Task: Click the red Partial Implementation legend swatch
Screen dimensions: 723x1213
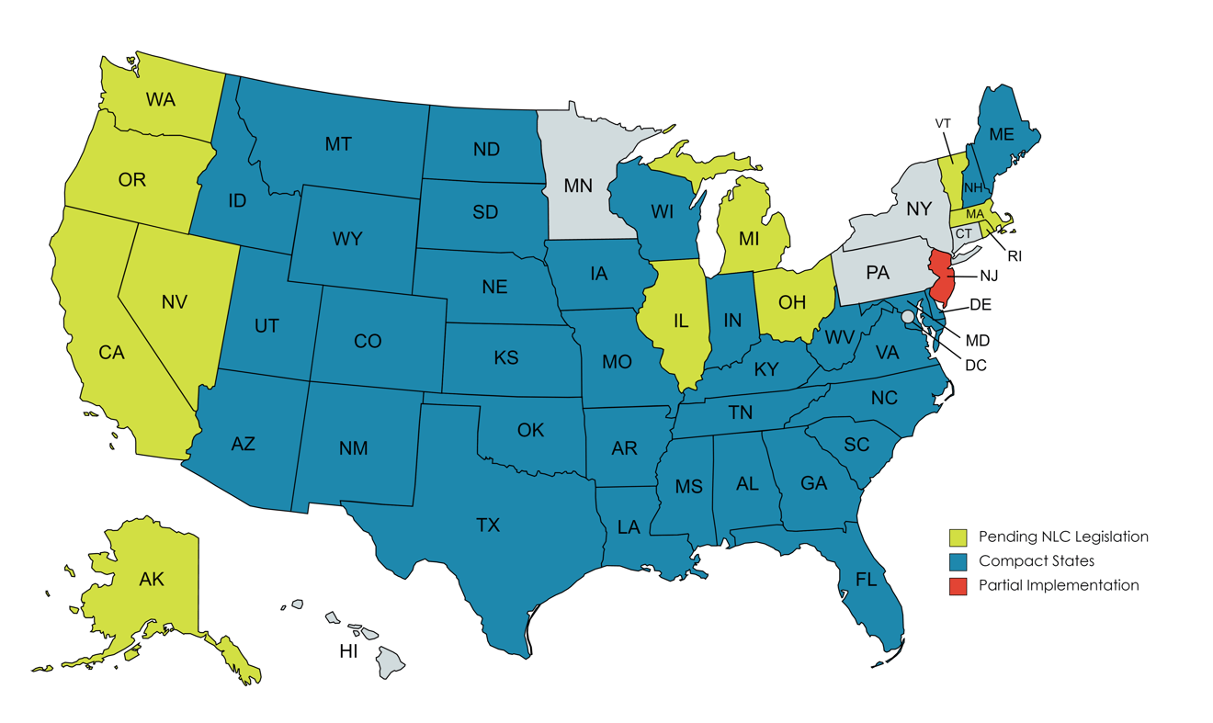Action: pyautogui.click(x=958, y=586)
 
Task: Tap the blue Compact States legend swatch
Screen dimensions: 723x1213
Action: pyautogui.click(x=958, y=561)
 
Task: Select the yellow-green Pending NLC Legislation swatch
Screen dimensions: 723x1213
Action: pyautogui.click(x=958, y=537)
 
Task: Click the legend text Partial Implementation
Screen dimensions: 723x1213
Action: pyautogui.click(x=1059, y=586)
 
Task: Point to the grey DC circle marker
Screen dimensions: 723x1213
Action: pyautogui.click(x=908, y=316)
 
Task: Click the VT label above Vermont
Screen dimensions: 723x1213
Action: pyautogui.click(x=944, y=124)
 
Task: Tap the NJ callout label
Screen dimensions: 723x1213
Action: pyautogui.click(x=989, y=275)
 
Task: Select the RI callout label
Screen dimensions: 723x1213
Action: pyautogui.click(x=1015, y=256)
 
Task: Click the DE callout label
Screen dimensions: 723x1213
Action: pyautogui.click(x=981, y=305)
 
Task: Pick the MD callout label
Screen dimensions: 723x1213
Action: pyautogui.click(x=977, y=341)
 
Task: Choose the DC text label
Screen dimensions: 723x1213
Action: pyautogui.click(x=976, y=366)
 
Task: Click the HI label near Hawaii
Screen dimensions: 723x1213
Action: pyautogui.click(x=348, y=651)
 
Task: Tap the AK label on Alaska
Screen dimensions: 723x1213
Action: pyautogui.click(x=152, y=580)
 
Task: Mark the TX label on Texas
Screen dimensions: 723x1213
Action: pyautogui.click(x=488, y=525)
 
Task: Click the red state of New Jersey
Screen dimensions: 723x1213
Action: pyautogui.click(x=941, y=276)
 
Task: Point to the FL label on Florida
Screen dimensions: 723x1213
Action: pyautogui.click(x=866, y=580)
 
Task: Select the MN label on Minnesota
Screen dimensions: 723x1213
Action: pyautogui.click(x=578, y=186)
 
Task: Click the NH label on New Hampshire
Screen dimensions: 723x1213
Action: pyautogui.click(x=973, y=188)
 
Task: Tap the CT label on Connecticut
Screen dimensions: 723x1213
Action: pyautogui.click(x=964, y=233)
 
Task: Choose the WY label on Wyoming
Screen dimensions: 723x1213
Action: pyautogui.click(x=346, y=239)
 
